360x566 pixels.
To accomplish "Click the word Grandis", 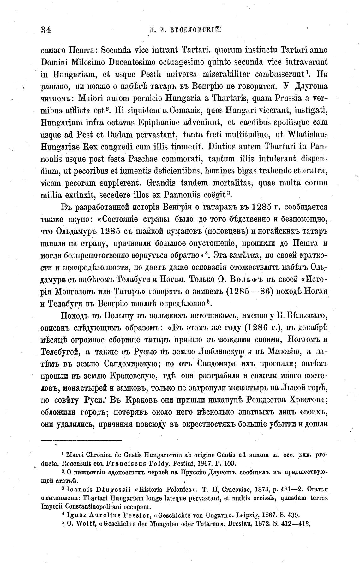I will click(x=161, y=182).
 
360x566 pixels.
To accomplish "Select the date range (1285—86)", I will click(x=250, y=291).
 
